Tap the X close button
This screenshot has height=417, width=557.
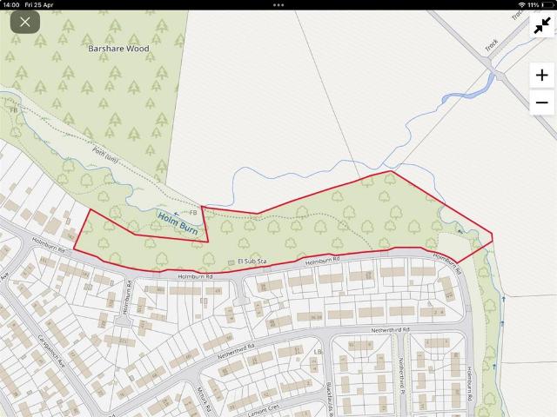(24, 23)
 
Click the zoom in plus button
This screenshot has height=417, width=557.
(541, 75)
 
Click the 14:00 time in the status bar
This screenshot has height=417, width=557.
(11, 4)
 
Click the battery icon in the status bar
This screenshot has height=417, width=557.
(547, 4)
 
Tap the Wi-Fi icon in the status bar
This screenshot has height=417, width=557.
(521, 4)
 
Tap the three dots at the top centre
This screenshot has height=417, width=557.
(278, 4)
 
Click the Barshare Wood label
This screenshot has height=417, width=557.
(118, 49)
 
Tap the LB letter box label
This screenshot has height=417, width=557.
(318, 352)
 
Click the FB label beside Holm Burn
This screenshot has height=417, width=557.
(192, 212)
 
